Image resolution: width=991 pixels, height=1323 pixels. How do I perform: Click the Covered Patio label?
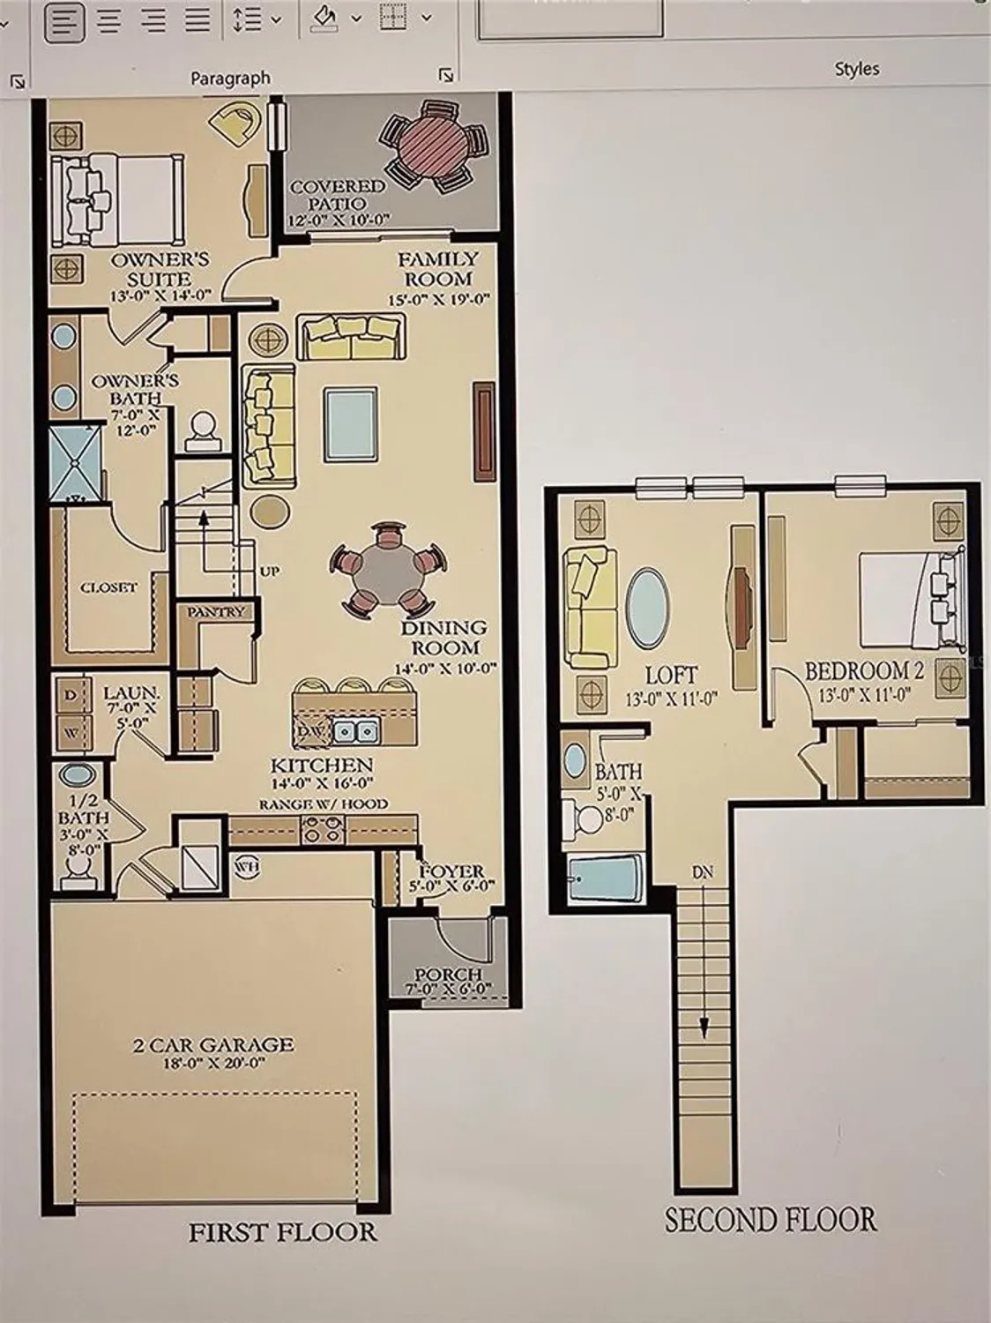click(338, 195)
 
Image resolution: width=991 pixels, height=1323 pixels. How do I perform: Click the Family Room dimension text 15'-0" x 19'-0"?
click(438, 300)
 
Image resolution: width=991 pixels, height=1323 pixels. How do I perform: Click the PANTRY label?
click(216, 611)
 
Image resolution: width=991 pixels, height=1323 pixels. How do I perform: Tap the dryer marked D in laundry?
click(71, 693)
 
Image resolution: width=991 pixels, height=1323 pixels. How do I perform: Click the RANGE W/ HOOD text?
click(323, 804)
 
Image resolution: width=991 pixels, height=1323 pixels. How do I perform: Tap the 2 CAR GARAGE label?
click(213, 1045)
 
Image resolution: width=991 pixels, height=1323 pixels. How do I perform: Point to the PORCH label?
click(449, 974)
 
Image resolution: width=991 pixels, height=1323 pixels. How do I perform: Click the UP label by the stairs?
click(270, 572)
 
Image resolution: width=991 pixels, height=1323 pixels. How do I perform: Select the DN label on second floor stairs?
click(702, 873)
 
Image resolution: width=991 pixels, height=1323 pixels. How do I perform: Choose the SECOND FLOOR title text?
click(771, 1220)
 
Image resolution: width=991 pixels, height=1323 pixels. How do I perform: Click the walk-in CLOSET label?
click(108, 587)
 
